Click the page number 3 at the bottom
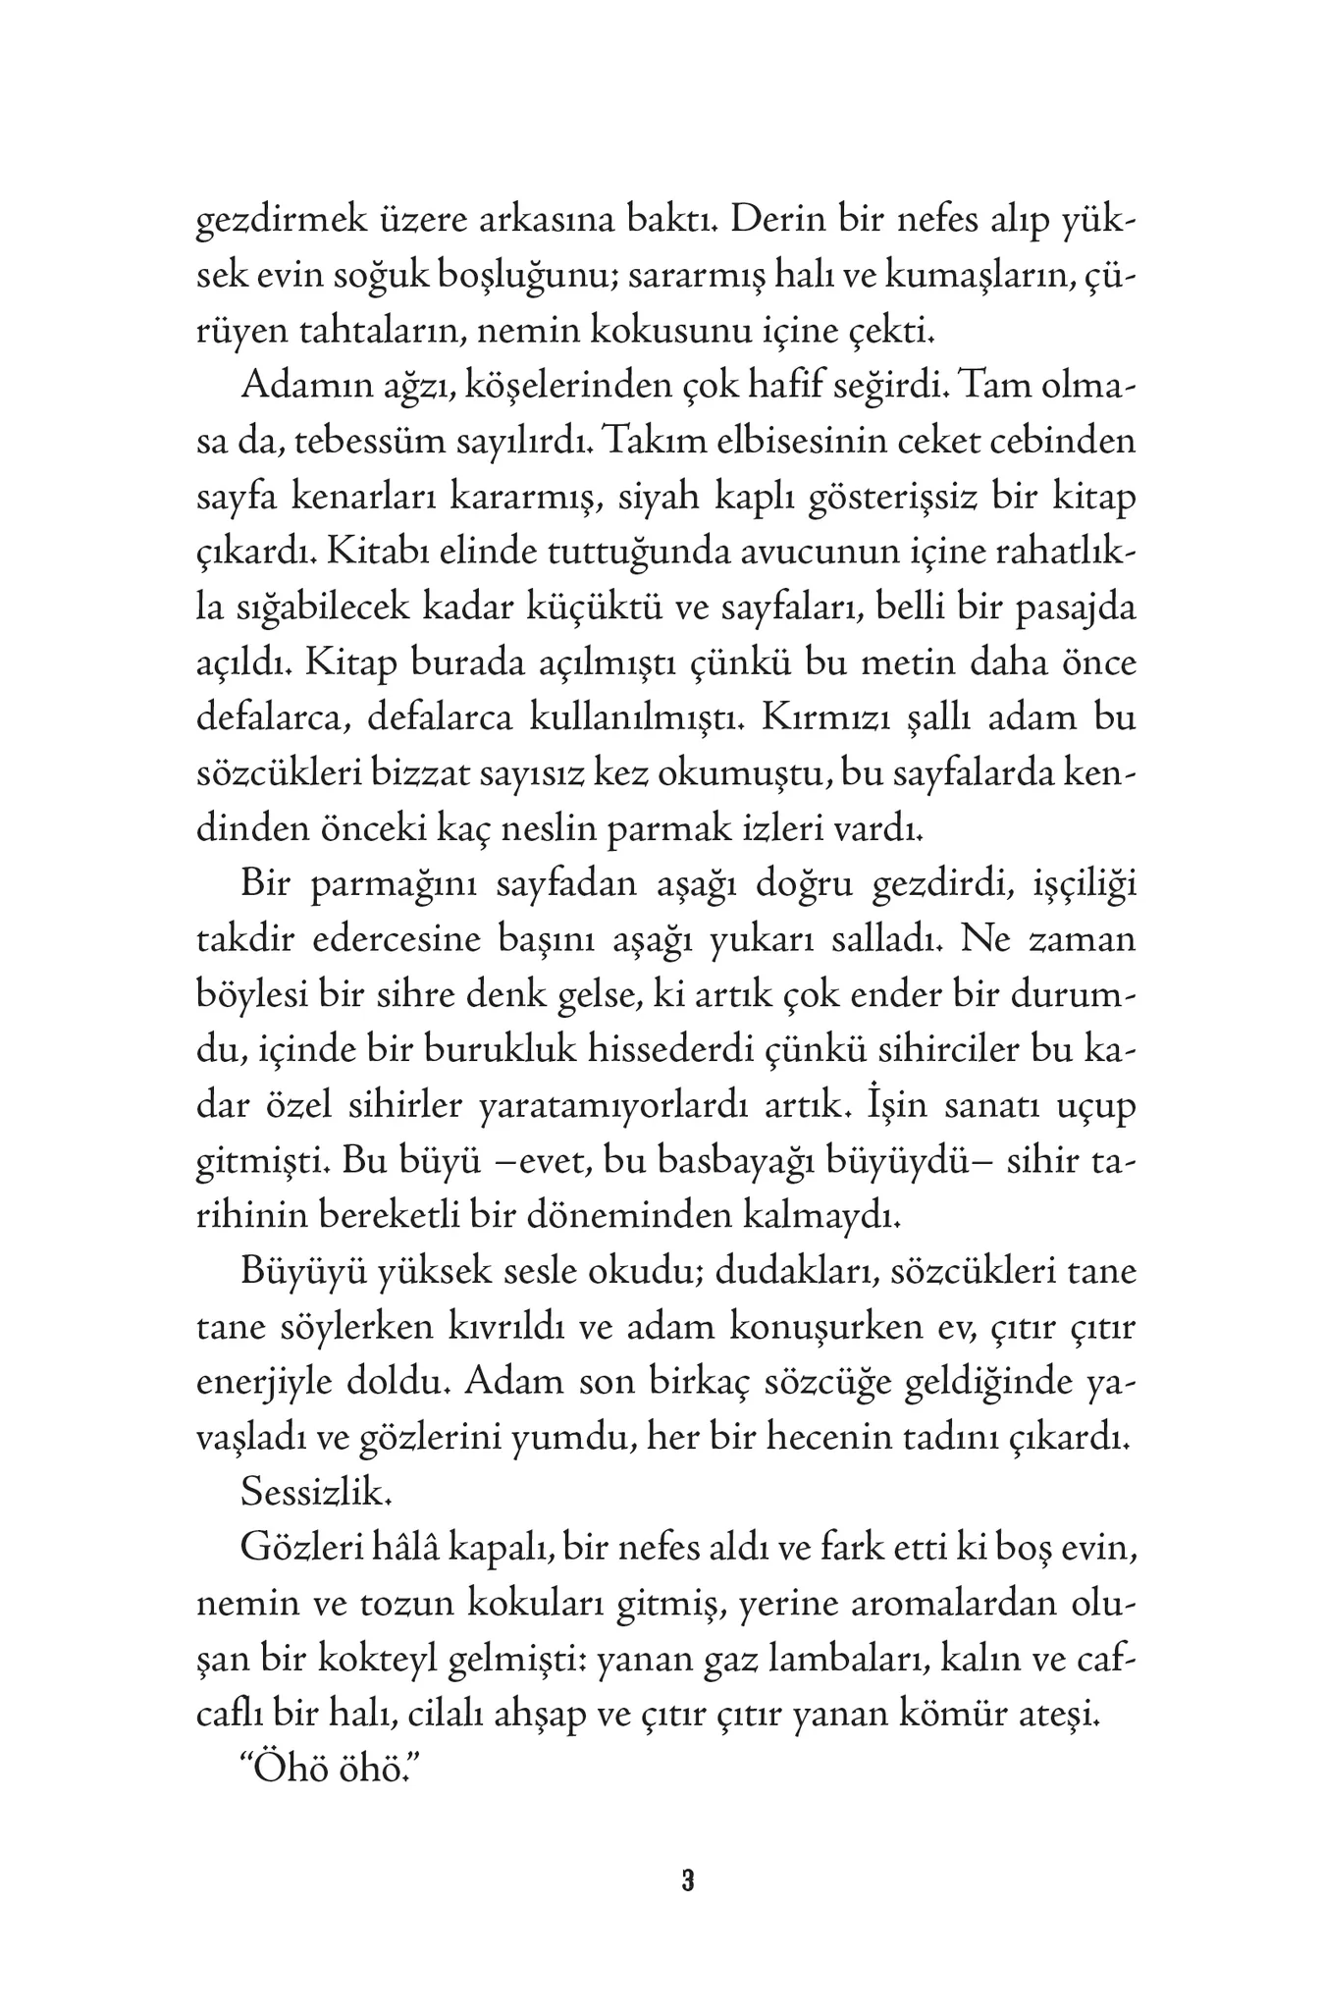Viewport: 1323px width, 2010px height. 687,1881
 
